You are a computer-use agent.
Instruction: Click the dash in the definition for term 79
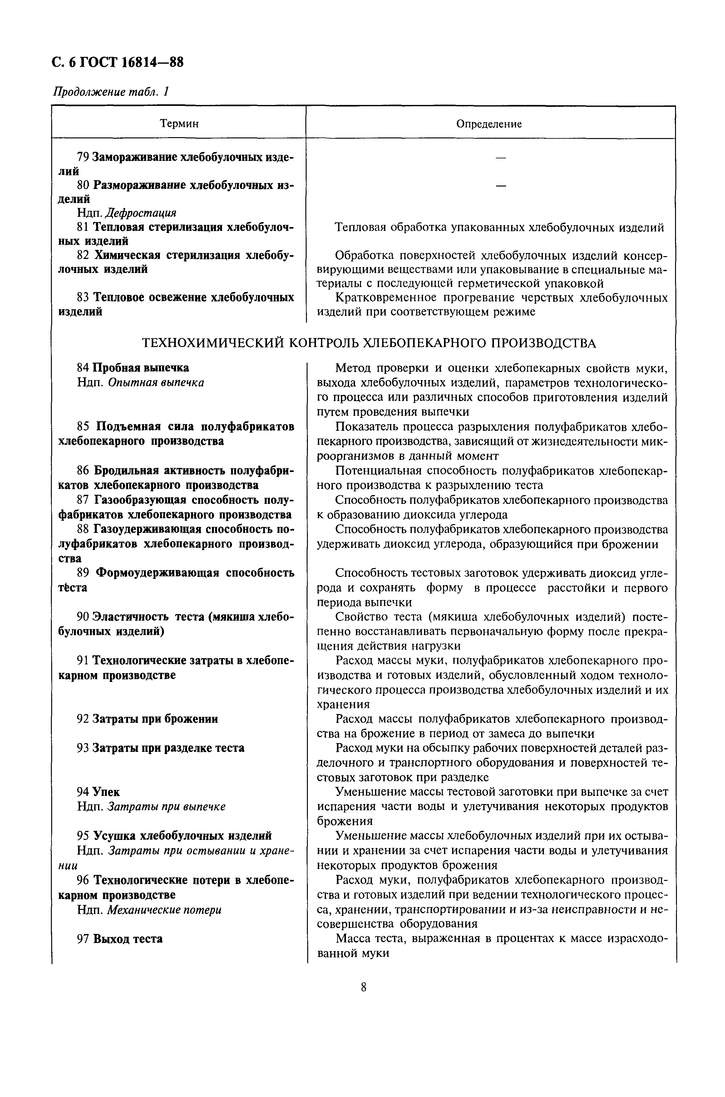[500, 158]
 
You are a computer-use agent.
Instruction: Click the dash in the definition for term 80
[500, 186]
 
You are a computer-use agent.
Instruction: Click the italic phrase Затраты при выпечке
[166, 807]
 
